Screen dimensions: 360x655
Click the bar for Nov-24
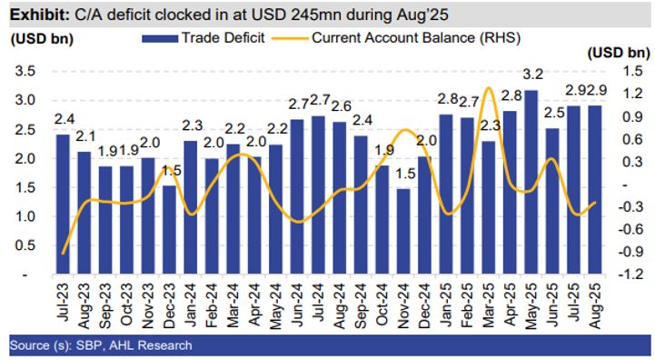(x=403, y=231)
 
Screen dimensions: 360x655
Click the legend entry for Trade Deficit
(x=187, y=37)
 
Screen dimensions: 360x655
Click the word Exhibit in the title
(x=35, y=15)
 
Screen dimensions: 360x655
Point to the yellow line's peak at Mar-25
(x=489, y=88)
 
